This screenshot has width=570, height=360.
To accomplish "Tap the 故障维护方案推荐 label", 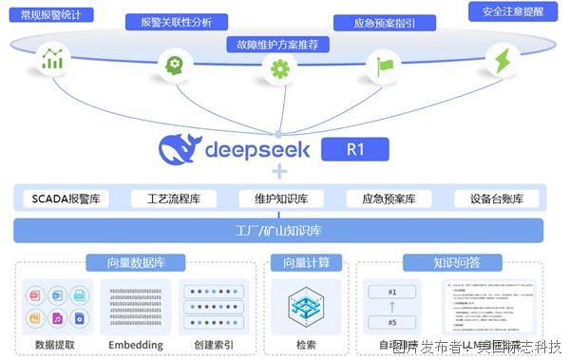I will pos(279,44).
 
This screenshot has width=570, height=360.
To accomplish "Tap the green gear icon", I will pos(279,68).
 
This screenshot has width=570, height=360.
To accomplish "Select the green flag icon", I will pos(385,66).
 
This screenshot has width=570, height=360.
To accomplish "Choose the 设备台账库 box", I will pos(497,199).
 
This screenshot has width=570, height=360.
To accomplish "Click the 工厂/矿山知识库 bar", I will pos(278,230).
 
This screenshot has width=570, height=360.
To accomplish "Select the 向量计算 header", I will pos(299,263).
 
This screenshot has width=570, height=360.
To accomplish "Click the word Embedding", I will pos(135,344).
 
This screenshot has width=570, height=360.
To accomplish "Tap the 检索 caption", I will pos(306,344).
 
